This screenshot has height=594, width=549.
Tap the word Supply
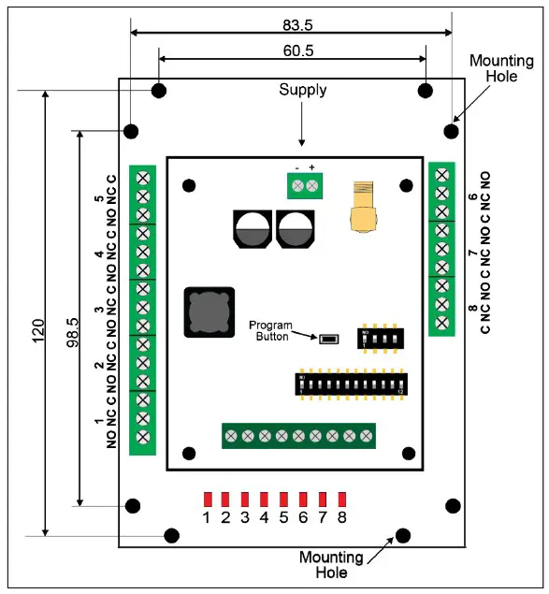303,91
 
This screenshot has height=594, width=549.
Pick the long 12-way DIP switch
351,384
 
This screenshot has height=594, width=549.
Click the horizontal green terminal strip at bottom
298,436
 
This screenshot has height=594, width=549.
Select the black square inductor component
208,311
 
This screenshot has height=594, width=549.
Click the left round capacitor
252,229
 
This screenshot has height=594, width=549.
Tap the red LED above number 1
208,499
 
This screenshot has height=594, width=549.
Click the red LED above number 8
343,499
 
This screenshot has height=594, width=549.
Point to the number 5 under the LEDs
284,516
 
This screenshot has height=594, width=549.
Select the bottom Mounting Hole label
331,565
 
